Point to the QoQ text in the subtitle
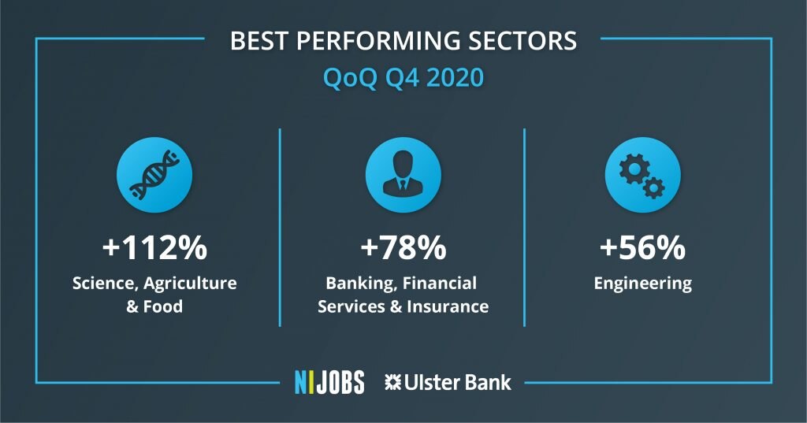(350, 78)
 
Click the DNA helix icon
(154, 175)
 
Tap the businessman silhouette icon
(403, 173)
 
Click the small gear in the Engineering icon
(653, 187)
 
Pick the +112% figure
(154, 247)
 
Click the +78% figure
(403, 247)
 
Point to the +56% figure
(642, 247)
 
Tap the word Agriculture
(191, 284)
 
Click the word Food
(162, 306)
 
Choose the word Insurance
(448, 306)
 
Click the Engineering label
(643, 284)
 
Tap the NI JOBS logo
(329, 382)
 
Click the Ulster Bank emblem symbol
(392, 382)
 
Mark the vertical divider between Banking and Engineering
(524, 228)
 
